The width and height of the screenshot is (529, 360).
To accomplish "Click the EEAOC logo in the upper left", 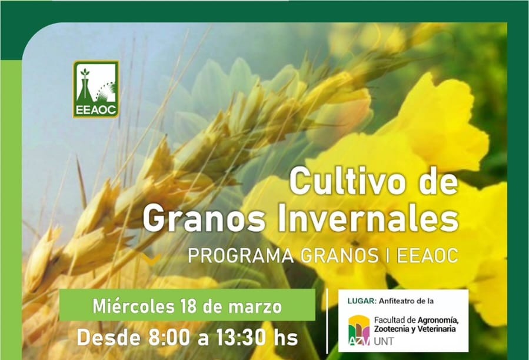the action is [x=96, y=89].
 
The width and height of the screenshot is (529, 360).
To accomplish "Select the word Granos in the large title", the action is [x=204, y=219].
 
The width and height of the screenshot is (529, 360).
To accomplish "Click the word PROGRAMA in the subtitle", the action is [x=241, y=256].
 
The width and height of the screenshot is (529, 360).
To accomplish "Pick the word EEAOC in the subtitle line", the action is [x=427, y=256].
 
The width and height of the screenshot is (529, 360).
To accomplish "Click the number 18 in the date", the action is [x=188, y=306].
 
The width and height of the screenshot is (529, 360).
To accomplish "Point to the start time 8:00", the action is [x=169, y=338].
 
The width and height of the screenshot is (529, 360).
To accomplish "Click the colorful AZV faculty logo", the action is [x=359, y=331].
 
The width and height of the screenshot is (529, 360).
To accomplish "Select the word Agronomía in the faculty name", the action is [x=438, y=320].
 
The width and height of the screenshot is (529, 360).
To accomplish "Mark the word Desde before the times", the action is [x=108, y=338].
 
